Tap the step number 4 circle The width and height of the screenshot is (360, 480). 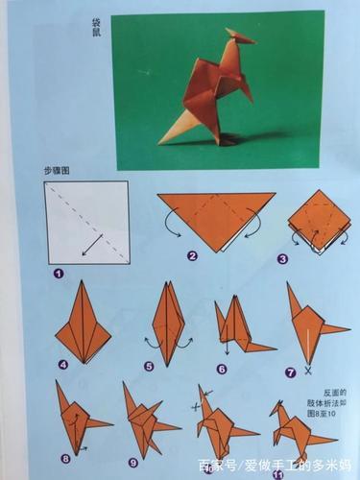tap(62, 365)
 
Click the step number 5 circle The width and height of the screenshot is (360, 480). tap(149, 365)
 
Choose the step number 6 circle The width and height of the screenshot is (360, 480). tap(223, 366)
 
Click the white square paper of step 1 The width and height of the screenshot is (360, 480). tap(86, 221)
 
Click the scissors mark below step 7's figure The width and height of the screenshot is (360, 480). tap(307, 370)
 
